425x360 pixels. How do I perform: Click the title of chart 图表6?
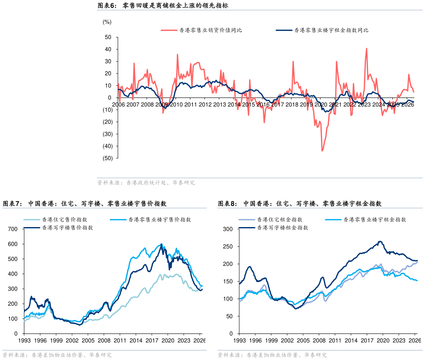click(x=163, y=5)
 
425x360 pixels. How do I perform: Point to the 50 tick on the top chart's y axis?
click(x=108, y=37)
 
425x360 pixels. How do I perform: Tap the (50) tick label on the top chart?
click(x=107, y=158)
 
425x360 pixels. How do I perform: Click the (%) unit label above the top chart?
click(x=107, y=22)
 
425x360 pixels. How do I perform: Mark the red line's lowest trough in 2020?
click(x=322, y=151)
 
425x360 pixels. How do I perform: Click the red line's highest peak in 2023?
click(x=366, y=49)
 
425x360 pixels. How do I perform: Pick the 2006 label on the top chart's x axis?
click(x=118, y=104)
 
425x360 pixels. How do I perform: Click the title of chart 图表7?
click(x=84, y=204)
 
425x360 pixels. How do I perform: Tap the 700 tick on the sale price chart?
click(x=13, y=229)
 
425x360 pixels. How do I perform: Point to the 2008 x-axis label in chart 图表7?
click(x=104, y=341)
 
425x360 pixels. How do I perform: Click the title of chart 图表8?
click(x=300, y=204)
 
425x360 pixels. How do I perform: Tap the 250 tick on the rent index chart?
click(x=228, y=246)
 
